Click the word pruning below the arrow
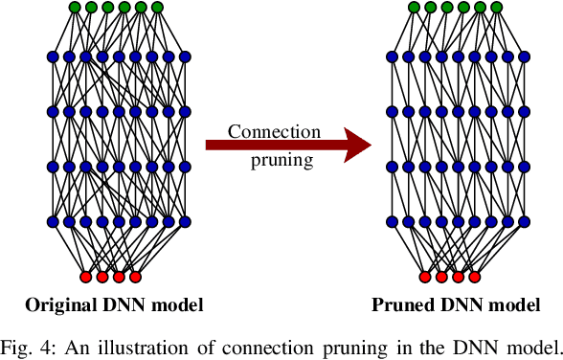[x=281, y=160]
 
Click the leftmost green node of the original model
[x=75, y=9]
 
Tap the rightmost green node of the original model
[x=157, y=9]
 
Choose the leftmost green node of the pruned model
[x=414, y=9]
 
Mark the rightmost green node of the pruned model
[x=496, y=9]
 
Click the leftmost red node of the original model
[x=86, y=278]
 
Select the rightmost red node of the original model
[x=135, y=278]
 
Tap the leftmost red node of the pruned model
[x=425, y=278]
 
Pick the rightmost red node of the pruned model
[x=474, y=278]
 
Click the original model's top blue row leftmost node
[x=53, y=57]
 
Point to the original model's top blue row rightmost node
[x=185, y=57]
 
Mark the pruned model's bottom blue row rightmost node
[x=524, y=223]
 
